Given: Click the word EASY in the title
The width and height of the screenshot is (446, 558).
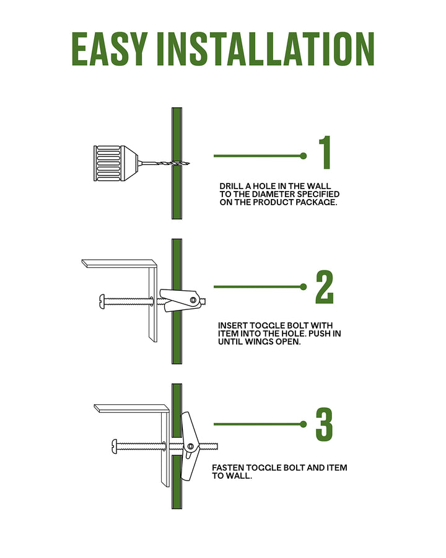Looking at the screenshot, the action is [110, 49].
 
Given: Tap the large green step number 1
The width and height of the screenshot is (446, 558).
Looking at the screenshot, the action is [325, 153].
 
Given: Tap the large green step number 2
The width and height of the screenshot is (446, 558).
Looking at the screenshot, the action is [325, 287].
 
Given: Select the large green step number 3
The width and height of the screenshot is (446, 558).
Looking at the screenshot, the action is [325, 424].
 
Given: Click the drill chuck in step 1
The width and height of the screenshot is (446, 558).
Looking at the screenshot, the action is [116, 163].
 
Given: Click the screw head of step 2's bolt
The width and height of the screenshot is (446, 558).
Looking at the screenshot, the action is [102, 301].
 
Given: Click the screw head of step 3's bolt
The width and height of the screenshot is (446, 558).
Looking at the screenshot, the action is [115, 445].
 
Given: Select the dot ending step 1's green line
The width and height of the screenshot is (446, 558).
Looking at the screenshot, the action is [304, 156].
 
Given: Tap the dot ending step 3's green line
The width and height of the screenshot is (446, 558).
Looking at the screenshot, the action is [304, 424].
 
